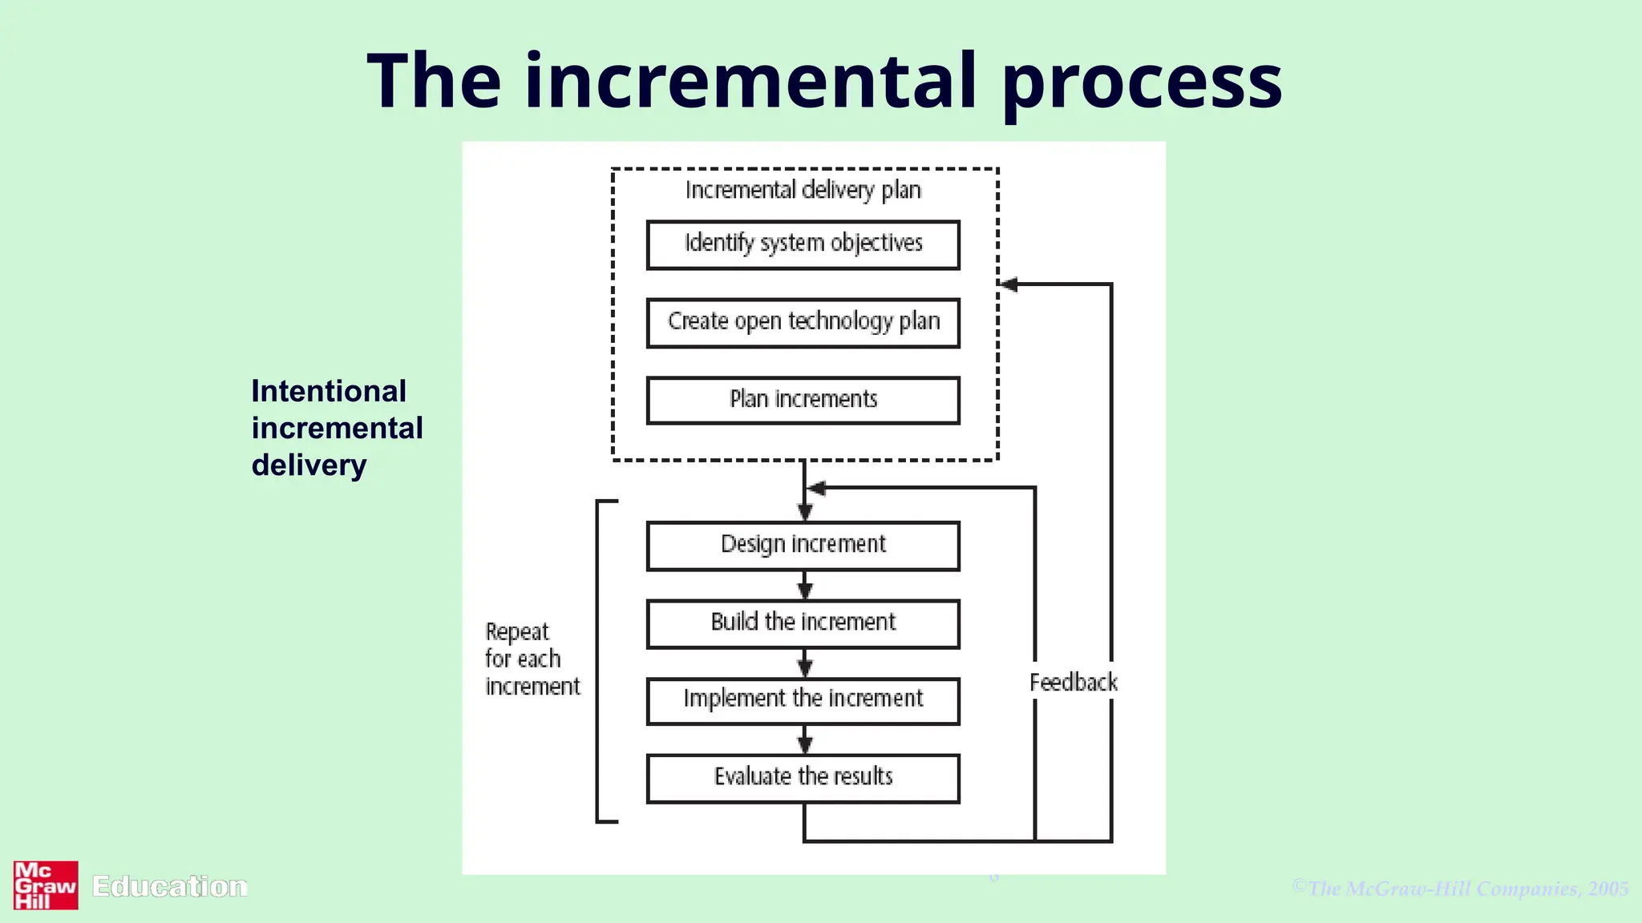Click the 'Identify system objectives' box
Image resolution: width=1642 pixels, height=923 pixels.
click(803, 244)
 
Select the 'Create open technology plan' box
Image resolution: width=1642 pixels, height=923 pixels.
click(803, 322)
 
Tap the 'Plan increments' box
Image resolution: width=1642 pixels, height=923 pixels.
click(803, 400)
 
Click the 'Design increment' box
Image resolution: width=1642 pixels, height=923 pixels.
click(803, 545)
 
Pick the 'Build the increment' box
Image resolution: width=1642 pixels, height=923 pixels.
click(803, 623)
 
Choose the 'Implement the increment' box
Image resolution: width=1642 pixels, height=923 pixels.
click(803, 700)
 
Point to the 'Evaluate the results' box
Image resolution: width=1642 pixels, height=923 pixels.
click(803, 777)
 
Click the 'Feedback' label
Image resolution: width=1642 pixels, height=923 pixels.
click(1073, 683)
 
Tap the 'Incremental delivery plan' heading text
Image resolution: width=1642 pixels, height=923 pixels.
click(803, 191)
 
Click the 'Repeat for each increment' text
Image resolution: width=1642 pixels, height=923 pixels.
click(531, 659)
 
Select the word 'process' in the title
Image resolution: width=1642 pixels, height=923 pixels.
click(1142, 82)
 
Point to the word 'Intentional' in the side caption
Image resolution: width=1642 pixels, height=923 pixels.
click(329, 392)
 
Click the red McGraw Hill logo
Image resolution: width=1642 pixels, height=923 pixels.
click(46, 885)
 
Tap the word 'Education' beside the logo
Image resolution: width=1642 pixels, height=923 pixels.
click(169, 886)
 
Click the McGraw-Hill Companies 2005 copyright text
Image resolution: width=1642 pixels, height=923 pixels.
click(1459, 888)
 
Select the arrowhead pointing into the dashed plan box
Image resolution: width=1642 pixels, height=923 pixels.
click(1009, 284)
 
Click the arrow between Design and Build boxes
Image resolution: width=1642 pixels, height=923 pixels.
click(805, 586)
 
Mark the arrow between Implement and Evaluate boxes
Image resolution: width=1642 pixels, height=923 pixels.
click(805, 740)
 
